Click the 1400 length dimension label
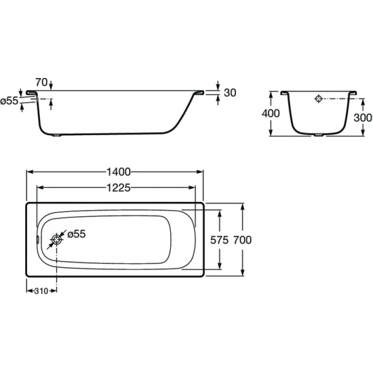point(119,172)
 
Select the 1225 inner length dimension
point(119,188)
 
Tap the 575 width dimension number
point(219,240)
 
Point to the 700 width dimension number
point(242,240)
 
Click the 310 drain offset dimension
point(41,291)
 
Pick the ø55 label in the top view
point(77,234)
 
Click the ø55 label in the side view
point(9,101)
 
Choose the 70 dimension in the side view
point(41,82)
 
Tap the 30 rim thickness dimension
point(230,93)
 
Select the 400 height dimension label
point(271,113)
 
